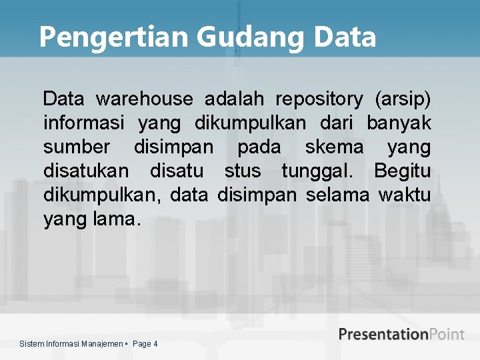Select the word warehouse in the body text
144,100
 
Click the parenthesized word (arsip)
403,100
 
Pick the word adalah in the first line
233,100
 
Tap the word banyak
399,124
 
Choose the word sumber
77,147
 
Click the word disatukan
86,171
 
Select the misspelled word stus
243,171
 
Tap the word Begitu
402,171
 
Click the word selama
337,195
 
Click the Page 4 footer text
145,344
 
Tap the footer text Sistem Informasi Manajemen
71,344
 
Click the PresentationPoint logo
401,334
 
